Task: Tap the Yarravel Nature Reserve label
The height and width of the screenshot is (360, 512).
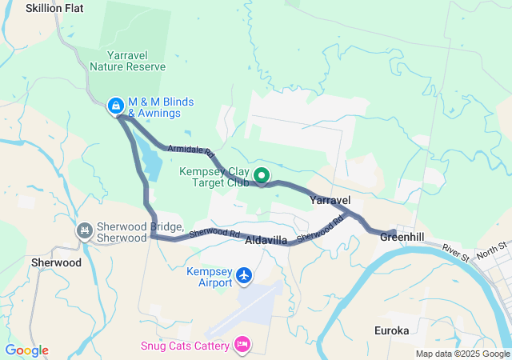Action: point(128,61)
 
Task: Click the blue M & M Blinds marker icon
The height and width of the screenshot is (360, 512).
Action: point(116,105)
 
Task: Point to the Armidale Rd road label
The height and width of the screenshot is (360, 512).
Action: point(191,150)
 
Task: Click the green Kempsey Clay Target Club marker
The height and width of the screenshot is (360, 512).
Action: point(262,175)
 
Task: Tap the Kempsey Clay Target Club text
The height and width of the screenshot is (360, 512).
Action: point(215,177)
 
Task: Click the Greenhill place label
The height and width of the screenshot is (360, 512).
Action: point(401,237)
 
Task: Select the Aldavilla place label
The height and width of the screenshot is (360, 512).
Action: point(266,240)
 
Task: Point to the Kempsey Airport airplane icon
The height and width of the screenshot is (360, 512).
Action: point(245,277)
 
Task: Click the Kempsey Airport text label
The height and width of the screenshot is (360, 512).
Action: point(209,277)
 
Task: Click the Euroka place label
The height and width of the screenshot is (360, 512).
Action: point(392,330)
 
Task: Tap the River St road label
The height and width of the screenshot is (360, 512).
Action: point(456,251)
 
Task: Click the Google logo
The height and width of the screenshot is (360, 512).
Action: point(26,350)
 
